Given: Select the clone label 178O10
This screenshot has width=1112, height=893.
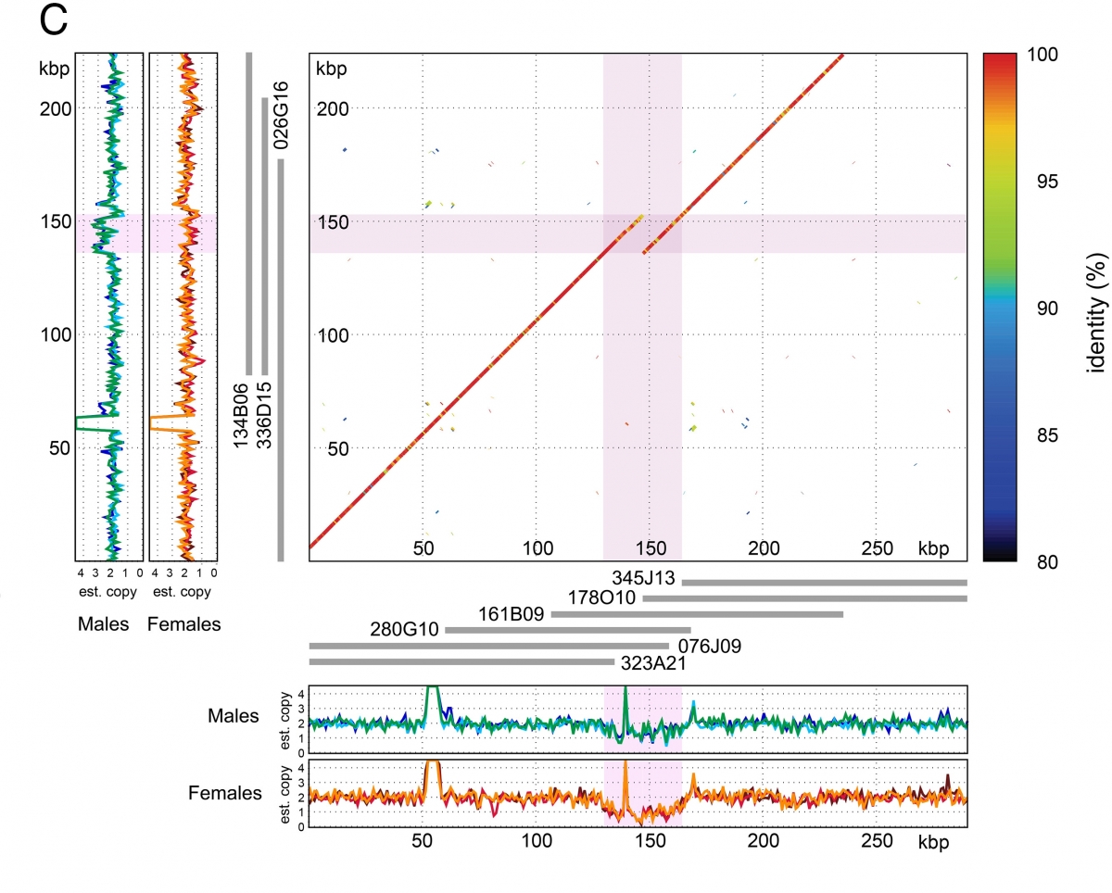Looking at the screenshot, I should (604, 597).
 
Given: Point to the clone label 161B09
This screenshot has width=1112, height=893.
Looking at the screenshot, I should (513, 614).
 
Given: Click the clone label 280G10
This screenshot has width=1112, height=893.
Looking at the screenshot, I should (406, 631).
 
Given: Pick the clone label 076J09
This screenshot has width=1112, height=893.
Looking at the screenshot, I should (710, 646).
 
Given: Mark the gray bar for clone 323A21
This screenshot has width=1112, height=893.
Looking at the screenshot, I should (461, 661).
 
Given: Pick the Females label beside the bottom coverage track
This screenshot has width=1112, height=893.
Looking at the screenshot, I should (225, 793).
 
